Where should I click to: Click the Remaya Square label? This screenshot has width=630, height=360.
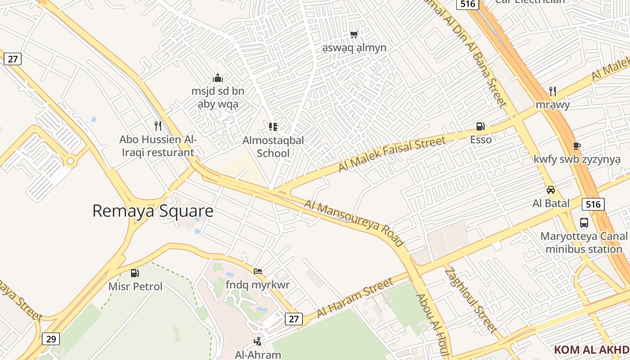pos(153,211)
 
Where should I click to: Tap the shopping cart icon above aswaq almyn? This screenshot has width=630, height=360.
pos(354,34)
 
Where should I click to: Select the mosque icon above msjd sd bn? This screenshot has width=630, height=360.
pos(218,78)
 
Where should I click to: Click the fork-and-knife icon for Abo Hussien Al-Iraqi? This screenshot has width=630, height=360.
pos(158,126)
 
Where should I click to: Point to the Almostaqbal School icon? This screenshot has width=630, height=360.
pos(273,127)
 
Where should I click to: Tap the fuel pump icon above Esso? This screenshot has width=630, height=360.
pos(481,126)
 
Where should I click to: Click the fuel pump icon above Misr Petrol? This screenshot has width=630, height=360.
pos(135,273)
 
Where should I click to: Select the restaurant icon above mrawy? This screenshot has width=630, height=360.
pos(553,91)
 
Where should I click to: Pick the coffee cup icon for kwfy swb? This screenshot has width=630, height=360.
pos(577,146)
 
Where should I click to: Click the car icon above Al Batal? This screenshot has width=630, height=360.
pos(551,190)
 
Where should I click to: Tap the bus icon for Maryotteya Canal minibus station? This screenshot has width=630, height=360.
pos(584,222)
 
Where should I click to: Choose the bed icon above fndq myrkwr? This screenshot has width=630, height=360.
pos(258,271)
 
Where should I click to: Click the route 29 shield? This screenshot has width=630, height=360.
pos(51,339)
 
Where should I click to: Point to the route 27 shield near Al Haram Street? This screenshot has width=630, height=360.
pos(293,319)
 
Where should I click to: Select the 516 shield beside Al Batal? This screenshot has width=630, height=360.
pos(593,204)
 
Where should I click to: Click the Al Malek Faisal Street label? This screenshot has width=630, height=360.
pos(392,154)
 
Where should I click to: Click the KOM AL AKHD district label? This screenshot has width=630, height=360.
pos(591,350)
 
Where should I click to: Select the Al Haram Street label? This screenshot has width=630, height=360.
pos(355,298)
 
